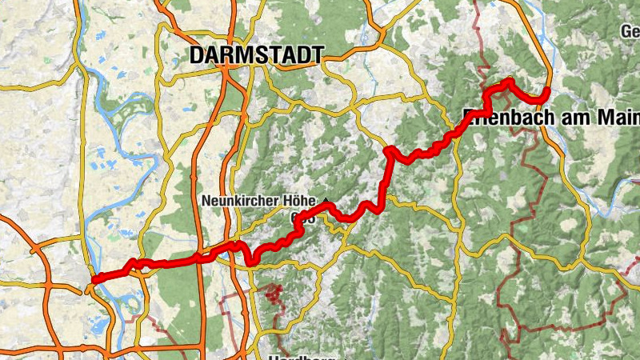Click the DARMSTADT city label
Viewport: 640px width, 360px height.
point(256,54)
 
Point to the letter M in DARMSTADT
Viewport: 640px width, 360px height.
point(243,54)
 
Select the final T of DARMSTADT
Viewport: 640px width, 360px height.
point(317,54)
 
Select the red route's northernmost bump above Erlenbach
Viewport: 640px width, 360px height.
point(507,81)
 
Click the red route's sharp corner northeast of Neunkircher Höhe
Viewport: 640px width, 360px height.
point(388,150)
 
